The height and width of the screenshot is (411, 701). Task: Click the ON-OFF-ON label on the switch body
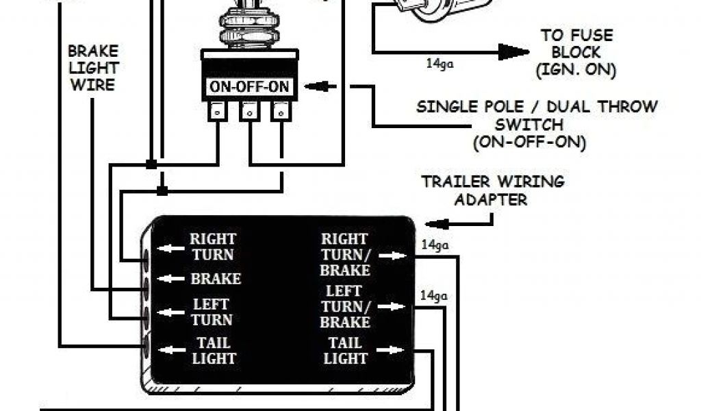[x=248, y=88]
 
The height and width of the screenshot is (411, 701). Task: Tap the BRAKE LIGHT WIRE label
[x=92, y=68]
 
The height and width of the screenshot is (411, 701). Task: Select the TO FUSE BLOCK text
[x=576, y=52]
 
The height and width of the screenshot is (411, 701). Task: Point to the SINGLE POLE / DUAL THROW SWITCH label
[x=537, y=125]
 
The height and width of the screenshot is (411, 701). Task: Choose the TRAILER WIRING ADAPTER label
[x=493, y=190]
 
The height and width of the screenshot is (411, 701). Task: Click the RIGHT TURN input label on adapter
[x=212, y=247]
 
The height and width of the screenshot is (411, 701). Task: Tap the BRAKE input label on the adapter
[x=216, y=279]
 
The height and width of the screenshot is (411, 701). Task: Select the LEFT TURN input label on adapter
[x=212, y=312]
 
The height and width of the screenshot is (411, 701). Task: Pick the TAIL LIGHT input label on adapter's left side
[x=212, y=350]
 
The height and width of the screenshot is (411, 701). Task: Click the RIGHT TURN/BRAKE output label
[x=345, y=254]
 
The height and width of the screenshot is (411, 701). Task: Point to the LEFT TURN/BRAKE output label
[x=345, y=306]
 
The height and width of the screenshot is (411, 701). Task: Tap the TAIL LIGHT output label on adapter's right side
[x=345, y=350]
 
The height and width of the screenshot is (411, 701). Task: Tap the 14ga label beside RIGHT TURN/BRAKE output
[x=433, y=244]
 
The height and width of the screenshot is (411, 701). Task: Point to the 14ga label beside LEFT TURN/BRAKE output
[x=433, y=296]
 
